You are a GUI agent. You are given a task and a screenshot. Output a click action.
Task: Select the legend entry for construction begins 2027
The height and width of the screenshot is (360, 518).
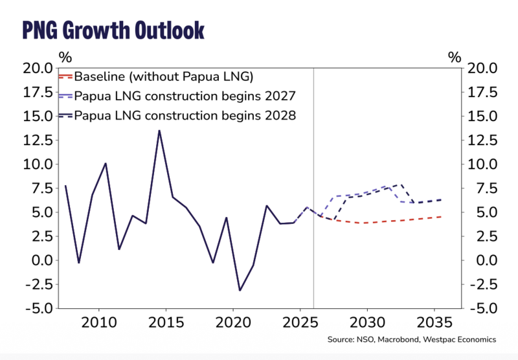[x=185, y=96]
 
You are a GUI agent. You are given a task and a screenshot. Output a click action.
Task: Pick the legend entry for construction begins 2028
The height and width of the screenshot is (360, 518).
[x=185, y=117]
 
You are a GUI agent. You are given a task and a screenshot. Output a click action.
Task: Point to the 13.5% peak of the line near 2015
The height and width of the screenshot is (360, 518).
[x=159, y=131]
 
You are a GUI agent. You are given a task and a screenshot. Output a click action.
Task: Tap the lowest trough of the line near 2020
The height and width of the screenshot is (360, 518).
[x=240, y=290]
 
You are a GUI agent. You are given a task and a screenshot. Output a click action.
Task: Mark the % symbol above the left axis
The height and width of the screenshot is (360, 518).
[x=64, y=57]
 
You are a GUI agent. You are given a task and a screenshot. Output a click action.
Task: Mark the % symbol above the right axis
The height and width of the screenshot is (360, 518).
[x=453, y=57]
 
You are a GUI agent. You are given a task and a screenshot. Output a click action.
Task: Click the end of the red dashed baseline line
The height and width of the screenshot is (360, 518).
[x=442, y=216]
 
